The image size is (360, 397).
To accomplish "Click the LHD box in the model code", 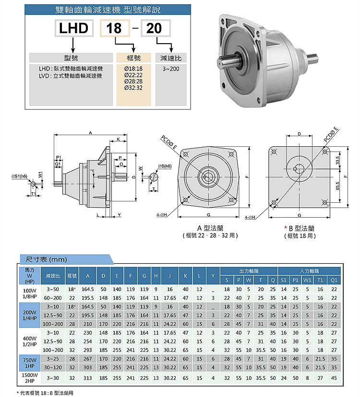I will click(73, 28).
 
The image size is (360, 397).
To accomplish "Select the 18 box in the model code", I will click(114, 28).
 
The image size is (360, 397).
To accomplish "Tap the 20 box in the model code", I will click(154, 28).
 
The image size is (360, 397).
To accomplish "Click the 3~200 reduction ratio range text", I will click(171, 69).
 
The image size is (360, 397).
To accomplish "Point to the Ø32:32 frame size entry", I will click(133, 88).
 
